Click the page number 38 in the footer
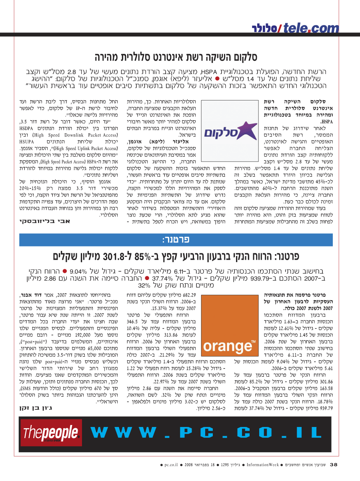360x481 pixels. [x=334, y=465]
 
